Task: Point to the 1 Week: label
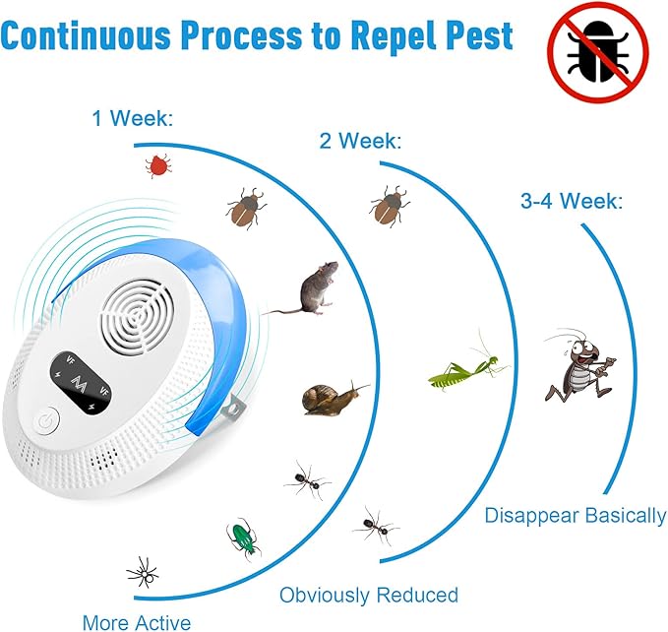(132, 120)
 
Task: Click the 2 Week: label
(360, 141)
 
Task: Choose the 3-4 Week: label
(571, 202)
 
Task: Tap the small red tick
(156, 164)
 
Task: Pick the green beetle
(242, 537)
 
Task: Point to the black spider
(142, 571)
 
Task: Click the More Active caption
(137, 621)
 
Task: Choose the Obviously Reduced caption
(369, 595)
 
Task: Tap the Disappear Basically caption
(575, 516)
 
